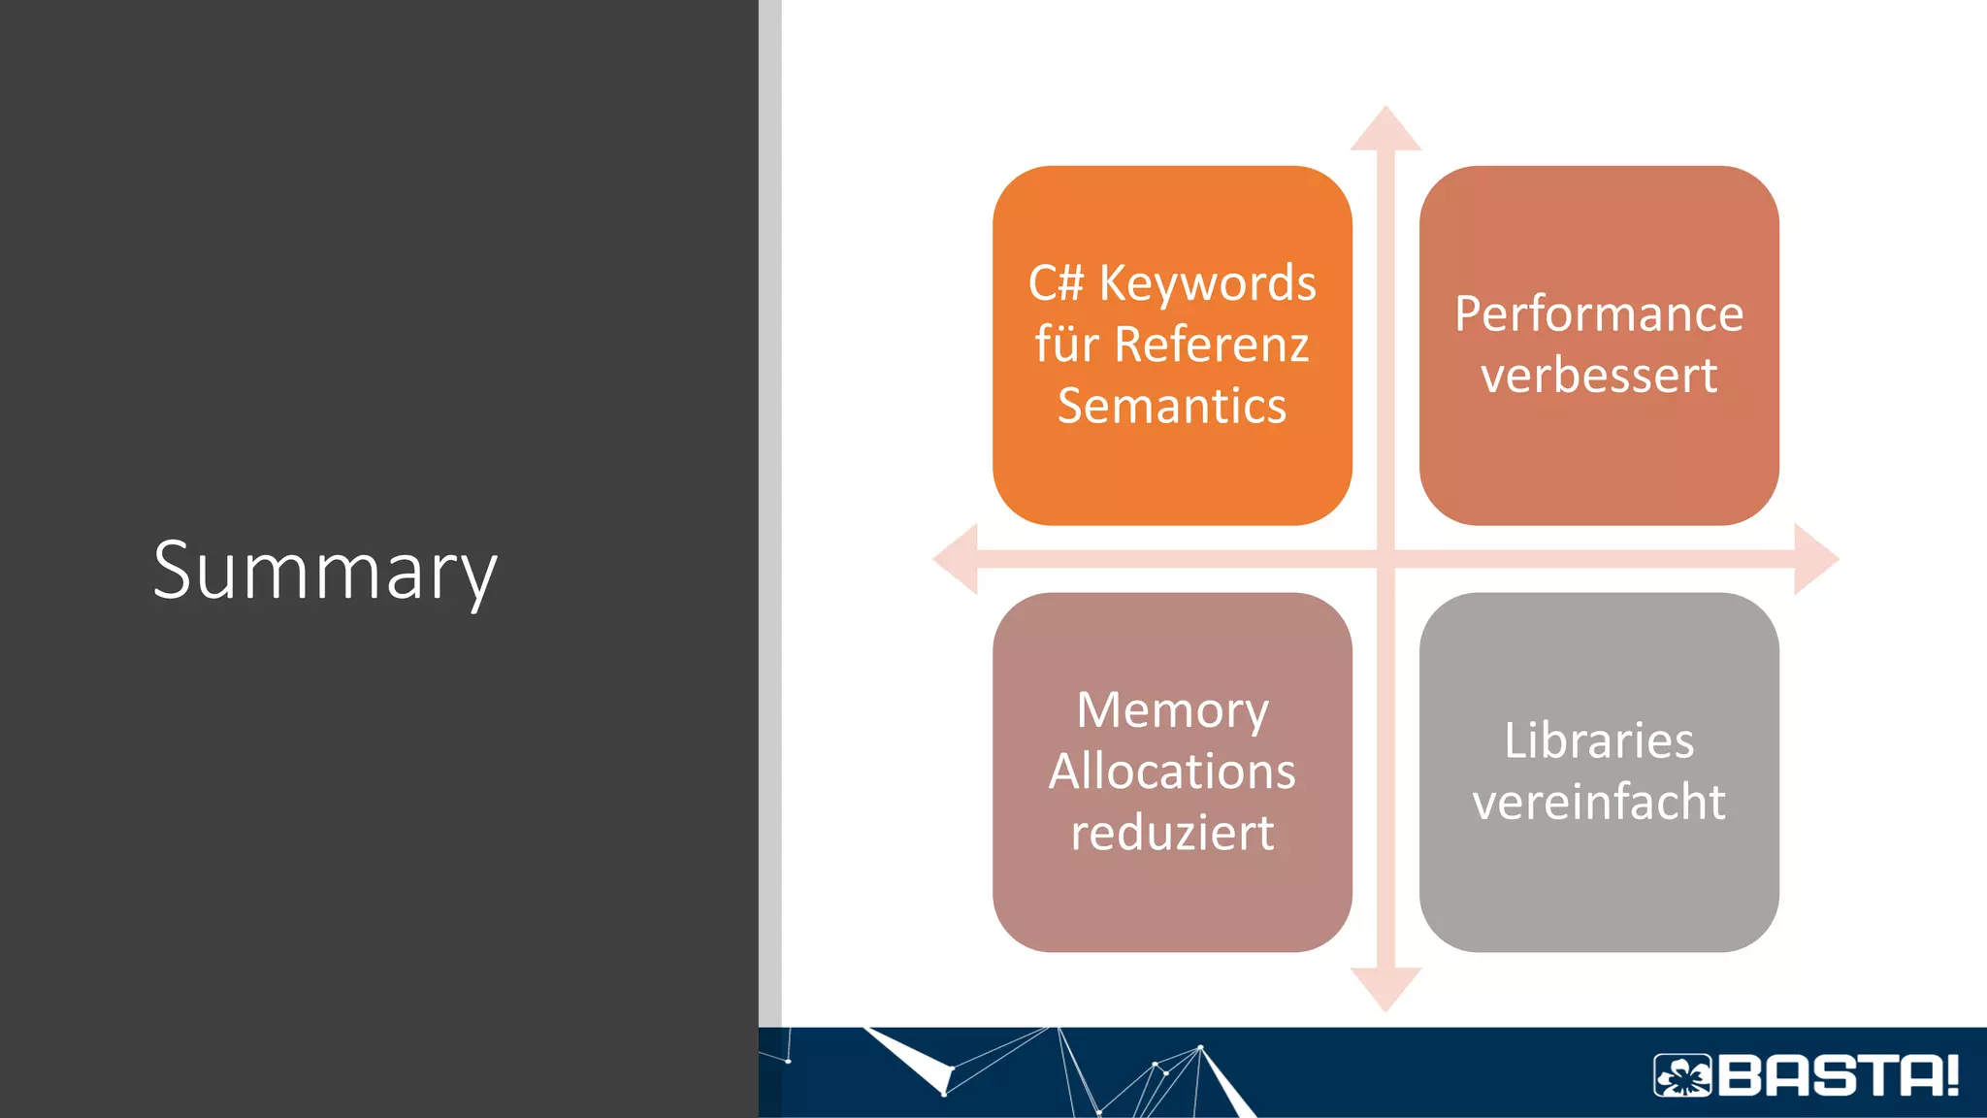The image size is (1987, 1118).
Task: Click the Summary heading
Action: click(x=325, y=571)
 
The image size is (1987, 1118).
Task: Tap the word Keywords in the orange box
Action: click(x=1207, y=284)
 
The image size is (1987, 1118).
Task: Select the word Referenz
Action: click(x=1212, y=345)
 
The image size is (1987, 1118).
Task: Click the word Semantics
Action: click(x=1172, y=406)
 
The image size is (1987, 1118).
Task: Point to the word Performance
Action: click(x=1599, y=314)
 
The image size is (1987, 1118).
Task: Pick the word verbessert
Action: click(x=1599, y=376)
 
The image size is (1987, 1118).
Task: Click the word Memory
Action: click(x=1172, y=710)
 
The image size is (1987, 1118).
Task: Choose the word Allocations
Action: click(x=1172, y=772)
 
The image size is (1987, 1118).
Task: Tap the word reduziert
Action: click(x=1172, y=833)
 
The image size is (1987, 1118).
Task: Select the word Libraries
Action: click(x=1599, y=740)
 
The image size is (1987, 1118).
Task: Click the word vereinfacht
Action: click(x=1599, y=803)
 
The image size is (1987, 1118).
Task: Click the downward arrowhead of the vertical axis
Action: click(x=1385, y=988)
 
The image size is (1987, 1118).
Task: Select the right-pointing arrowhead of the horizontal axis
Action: click(x=1814, y=559)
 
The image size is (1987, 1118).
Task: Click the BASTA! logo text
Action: click(x=1839, y=1075)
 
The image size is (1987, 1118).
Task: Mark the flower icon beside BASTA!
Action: click(x=1682, y=1075)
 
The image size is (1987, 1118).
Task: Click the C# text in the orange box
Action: click(x=1056, y=283)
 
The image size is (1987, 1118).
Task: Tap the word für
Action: click(x=1064, y=345)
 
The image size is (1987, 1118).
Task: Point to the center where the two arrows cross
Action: click(x=1385, y=559)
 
